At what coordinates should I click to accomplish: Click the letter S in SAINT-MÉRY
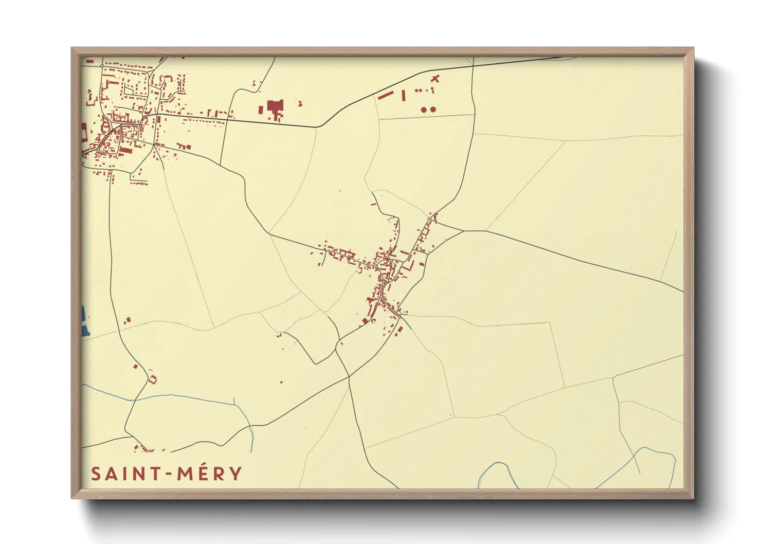(96, 474)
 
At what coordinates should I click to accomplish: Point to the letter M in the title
(186, 474)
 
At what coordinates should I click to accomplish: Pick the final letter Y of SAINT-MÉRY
(236, 474)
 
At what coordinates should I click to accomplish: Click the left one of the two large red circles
(424, 110)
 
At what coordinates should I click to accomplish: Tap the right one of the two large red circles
(433, 110)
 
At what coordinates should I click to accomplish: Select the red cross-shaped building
(436, 79)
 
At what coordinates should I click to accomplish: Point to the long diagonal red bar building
(386, 95)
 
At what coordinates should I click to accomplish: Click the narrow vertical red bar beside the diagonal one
(404, 95)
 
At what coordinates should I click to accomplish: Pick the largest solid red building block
(275, 107)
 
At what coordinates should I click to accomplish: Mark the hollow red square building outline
(152, 380)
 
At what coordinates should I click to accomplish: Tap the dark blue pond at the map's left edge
(84, 321)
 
